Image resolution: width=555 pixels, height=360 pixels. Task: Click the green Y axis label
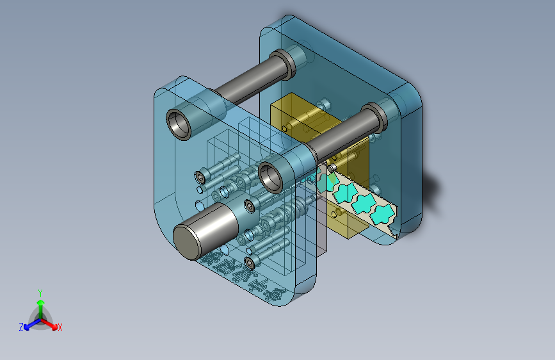40,293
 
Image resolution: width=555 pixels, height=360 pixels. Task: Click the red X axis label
60,328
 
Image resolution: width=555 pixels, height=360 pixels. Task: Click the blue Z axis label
21,327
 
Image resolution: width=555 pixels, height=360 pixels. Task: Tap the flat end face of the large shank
186,243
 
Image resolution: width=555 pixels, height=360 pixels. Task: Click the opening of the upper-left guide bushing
179,124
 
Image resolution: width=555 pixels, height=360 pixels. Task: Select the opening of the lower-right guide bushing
271,177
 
